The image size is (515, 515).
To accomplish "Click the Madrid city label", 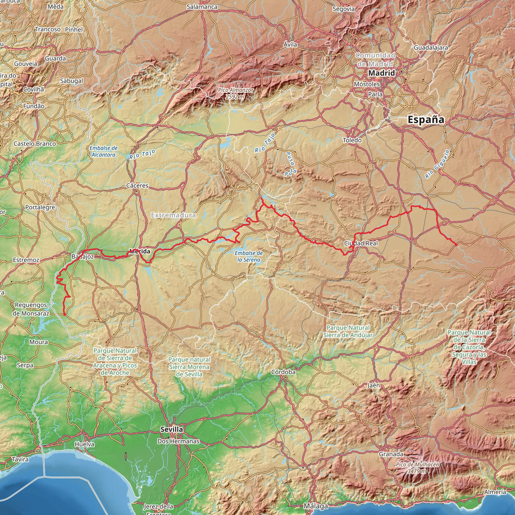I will [381, 73].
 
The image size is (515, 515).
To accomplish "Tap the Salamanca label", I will [202, 7].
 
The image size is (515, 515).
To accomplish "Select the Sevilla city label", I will [172, 430].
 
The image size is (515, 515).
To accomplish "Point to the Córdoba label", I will [283, 372].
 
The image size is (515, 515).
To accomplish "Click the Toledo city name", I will [352, 140].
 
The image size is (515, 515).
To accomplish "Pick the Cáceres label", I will [137, 186].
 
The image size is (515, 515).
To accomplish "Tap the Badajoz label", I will [83, 257].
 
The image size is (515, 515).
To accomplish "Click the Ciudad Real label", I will [361, 243].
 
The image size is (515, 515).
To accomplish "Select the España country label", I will [426, 119].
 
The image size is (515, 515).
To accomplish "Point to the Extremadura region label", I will [173, 215].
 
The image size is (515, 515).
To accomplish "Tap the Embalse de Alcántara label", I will [103, 151].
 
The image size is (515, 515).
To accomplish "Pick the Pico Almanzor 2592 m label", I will [236, 93].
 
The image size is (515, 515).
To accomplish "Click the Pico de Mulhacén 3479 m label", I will [417, 468].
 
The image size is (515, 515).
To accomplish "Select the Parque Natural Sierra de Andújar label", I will [348, 331].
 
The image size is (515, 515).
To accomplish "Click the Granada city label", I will [391, 454].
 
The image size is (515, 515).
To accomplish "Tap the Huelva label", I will [84, 444].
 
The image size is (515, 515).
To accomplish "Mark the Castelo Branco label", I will [35, 144].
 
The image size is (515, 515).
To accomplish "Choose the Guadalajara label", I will [431, 48].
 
